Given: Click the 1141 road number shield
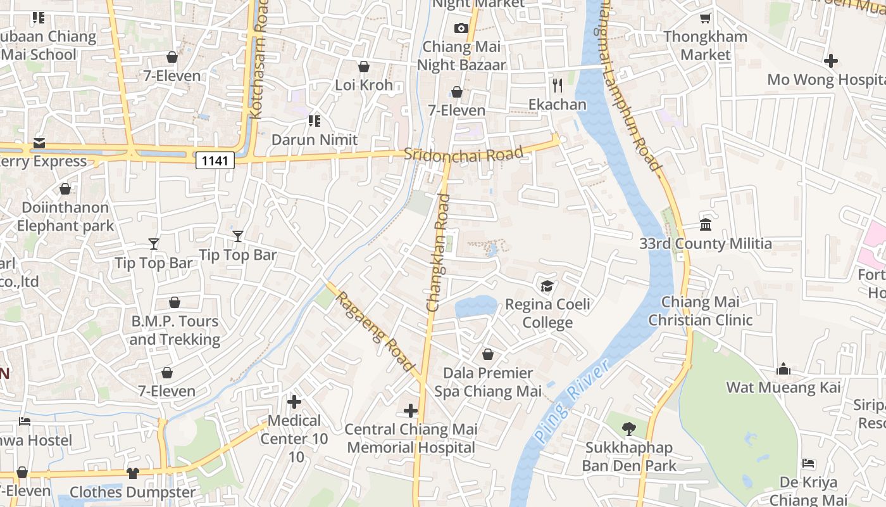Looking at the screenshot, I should [215, 160].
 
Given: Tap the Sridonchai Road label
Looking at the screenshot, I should [464, 154].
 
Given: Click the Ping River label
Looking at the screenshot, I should [570, 401].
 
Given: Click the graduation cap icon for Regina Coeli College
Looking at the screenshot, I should [547, 286].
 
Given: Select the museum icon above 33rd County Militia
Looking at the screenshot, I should [706, 224].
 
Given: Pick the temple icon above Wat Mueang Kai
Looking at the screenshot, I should [783, 369].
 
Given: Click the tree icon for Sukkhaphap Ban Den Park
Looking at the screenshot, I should [628, 429].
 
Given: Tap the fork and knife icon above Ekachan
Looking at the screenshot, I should [558, 86].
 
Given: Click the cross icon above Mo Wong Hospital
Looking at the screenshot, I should [831, 61].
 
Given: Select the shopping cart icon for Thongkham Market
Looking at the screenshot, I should [706, 18].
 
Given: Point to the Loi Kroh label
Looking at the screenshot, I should [364, 85].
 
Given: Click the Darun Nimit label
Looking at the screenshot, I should [315, 139].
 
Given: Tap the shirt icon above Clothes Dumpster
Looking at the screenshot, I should [132, 473].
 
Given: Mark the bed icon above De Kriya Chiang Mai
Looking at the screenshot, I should [809, 463].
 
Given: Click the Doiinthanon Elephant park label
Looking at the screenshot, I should [65, 216].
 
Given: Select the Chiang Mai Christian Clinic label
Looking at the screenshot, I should [700, 311].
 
